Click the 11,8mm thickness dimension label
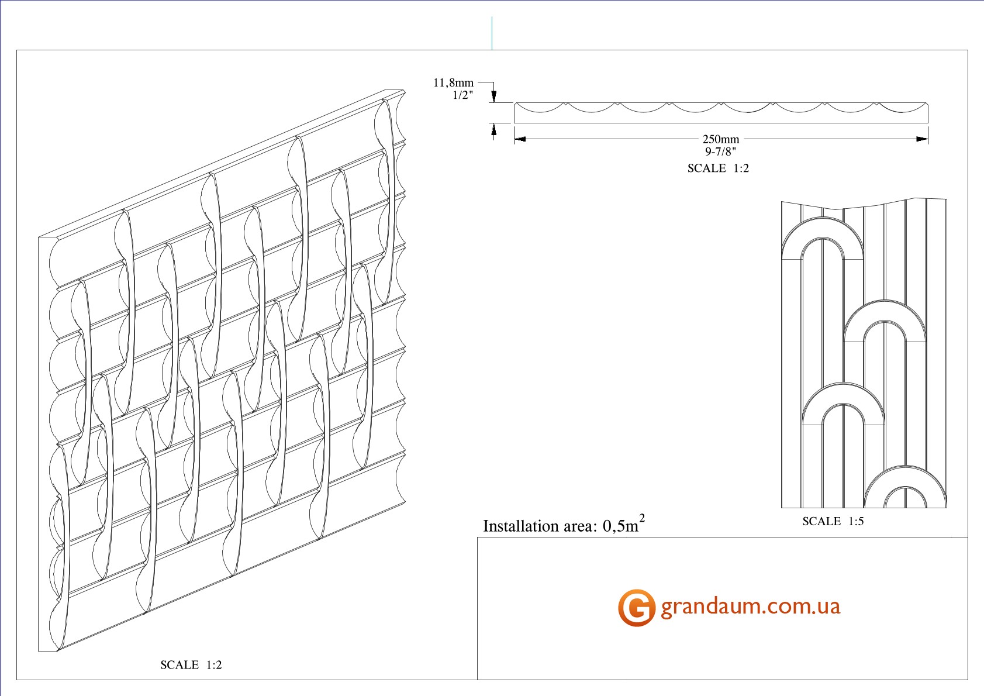453,82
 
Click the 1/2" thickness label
463,95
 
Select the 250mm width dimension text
721,139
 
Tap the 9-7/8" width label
720,151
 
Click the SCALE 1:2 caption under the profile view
718,168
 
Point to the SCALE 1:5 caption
833,521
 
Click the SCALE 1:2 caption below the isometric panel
191,665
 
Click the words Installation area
540,526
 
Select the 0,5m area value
620,526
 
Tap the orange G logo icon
636,608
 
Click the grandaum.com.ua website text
751,607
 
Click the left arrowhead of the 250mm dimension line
520,139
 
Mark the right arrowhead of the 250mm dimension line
922,139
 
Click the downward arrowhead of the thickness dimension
494,97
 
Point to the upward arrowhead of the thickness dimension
494,129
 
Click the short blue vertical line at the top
492,33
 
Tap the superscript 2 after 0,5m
642,519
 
